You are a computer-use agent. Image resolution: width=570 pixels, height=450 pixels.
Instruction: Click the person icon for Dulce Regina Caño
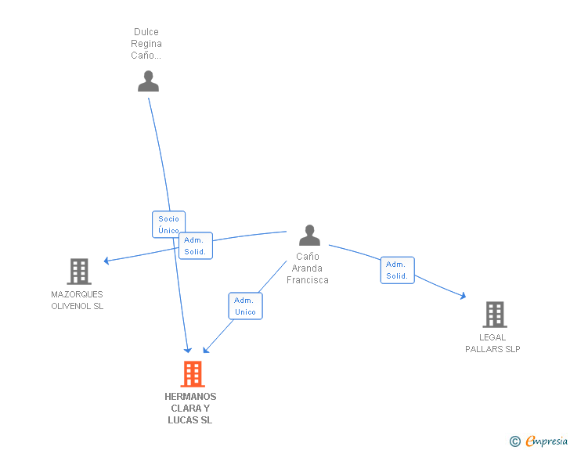click(x=148, y=81)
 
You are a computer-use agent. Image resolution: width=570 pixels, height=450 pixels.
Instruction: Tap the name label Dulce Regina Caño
click(x=146, y=44)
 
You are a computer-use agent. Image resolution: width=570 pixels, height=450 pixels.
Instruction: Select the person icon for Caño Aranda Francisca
click(x=309, y=236)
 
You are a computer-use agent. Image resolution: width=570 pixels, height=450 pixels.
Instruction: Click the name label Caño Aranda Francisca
click(x=308, y=268)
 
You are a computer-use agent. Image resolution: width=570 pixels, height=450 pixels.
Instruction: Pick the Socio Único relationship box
click(x=168, y=225)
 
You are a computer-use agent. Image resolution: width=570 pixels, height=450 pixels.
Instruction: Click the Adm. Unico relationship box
click(x=245, y=306)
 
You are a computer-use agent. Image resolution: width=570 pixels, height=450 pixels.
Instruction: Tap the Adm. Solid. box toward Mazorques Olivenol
click(x=195, y=246)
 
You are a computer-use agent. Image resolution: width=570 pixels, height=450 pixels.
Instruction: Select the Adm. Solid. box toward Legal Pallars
click(x=397, y=270)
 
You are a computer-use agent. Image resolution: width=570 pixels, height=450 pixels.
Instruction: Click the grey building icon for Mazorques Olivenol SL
click(x=79, y=272)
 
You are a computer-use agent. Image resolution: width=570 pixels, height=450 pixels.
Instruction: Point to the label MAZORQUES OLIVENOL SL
click(x=78, y=301)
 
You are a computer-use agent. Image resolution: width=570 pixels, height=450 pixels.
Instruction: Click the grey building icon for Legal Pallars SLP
click(x=494, y=315)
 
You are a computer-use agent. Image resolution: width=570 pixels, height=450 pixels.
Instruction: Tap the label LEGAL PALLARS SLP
click(x=492, y=344)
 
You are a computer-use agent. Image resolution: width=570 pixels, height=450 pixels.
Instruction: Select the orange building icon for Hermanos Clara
click(x=192, y=374)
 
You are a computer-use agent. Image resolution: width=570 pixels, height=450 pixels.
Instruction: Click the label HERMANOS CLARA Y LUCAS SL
click(x=190, y=409)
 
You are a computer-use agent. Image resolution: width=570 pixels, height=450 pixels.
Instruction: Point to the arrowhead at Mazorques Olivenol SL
click(x=108, y=261)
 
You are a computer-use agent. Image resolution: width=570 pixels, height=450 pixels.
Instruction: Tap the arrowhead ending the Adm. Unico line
click(x=205, y=349)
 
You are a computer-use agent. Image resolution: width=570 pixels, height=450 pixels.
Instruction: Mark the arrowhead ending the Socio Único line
click(x=188, y=349)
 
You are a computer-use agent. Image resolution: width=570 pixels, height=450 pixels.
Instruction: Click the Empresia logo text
click(x=547, y=441)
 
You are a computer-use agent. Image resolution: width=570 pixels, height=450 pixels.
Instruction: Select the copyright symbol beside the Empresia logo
click(x=514, y=442)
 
